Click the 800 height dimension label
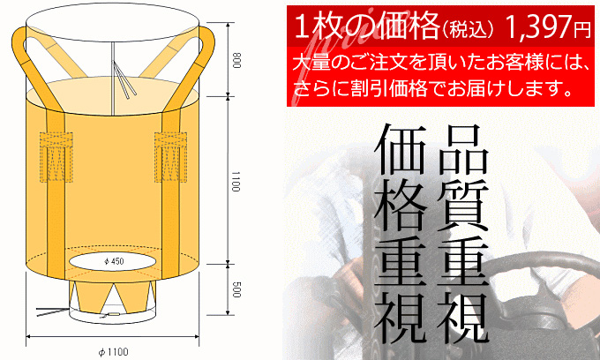pyautogui.click(x=236, y=61)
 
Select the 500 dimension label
pyautogui.click(x=236, y=289)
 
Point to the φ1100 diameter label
pyautogui.click(x=113, y=352)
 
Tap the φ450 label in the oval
pyautogui.click(x=114, y=261)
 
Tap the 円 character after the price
pyautogui.click(x=581, y=30)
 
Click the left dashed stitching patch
pyautogui.click(x=56, y=157)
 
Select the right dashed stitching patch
pyautogui.click(x=170, y=157)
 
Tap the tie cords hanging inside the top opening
pyautogui.click(x=124, y=79)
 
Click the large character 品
pyautogui.click(x=462, y=150)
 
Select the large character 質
pyautogui.click(x=462, y=206)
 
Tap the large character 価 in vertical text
pyautogui.click(x=401, y=150)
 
